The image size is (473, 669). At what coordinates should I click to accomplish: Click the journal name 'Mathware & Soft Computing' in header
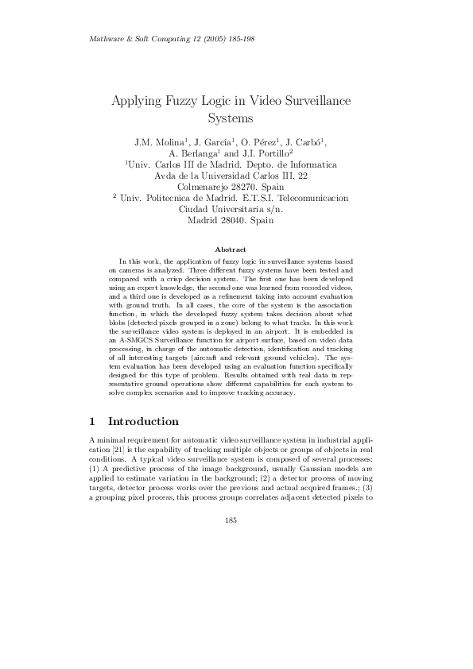134,39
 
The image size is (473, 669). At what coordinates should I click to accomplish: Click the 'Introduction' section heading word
143,421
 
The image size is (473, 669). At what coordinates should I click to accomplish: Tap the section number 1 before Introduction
94,421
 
